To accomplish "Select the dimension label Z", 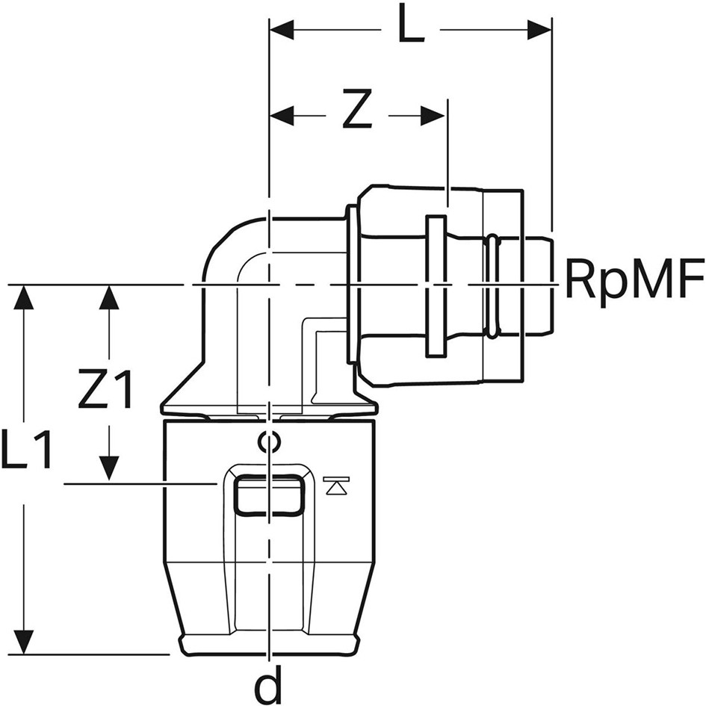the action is coord(357,109).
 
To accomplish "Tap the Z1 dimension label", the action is coord(105,389).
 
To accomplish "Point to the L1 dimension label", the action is coord(25,448).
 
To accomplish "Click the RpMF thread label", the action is coord(634,278).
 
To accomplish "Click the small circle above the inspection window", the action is coord(269,442).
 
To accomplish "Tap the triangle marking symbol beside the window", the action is coord(336,486).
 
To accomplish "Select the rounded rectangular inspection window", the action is coord(268,495).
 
